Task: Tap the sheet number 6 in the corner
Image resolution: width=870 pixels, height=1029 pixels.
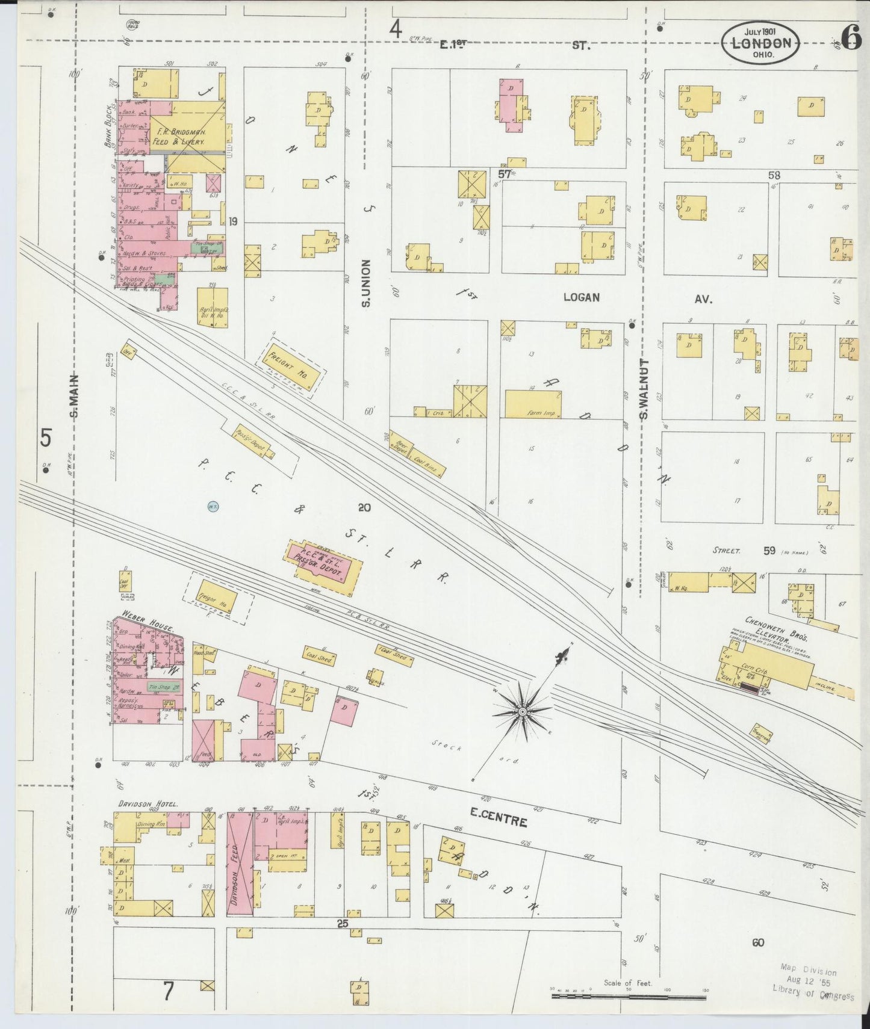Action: click(x=851, y=38)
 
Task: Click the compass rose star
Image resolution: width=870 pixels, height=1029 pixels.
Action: click(x=523, y=711)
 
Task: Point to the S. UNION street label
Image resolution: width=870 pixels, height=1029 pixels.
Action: click(x=365, y=283)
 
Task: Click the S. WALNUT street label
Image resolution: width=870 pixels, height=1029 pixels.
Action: click(x=643, y=389)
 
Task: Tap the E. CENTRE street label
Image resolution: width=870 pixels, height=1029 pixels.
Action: click(x=499, y=822)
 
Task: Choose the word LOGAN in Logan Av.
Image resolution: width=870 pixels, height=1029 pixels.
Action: click(x=582, y=297)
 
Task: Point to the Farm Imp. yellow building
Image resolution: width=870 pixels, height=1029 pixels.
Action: click(x=533, y=404)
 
